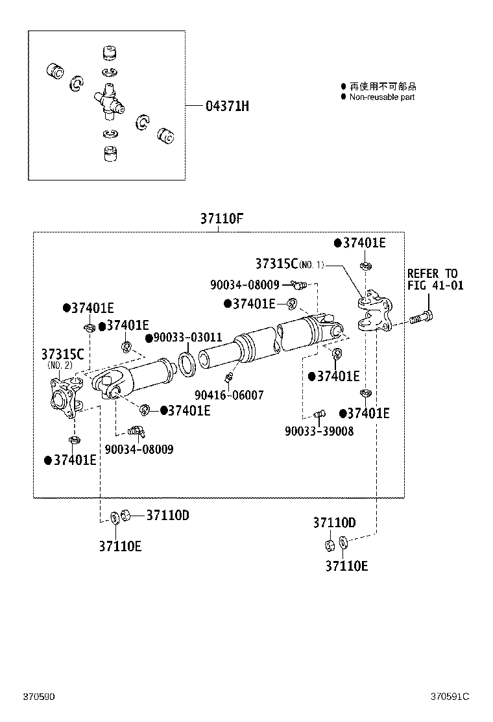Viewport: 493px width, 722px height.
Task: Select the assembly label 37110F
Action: click(x=221, y=219)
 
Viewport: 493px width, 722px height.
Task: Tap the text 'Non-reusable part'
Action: click(x=381, y=97)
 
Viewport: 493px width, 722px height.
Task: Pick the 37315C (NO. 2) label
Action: click(x=62, y=358)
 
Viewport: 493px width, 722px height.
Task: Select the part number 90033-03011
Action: click(x=187, y=338)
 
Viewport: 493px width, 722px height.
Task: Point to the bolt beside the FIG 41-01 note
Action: click(x=422, y=318)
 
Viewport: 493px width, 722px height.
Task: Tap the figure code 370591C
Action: click(x=449, y=697)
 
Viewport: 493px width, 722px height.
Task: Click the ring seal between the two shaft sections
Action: click(x=187, y=364)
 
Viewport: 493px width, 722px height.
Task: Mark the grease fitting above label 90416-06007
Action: click(x=228, y=379)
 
